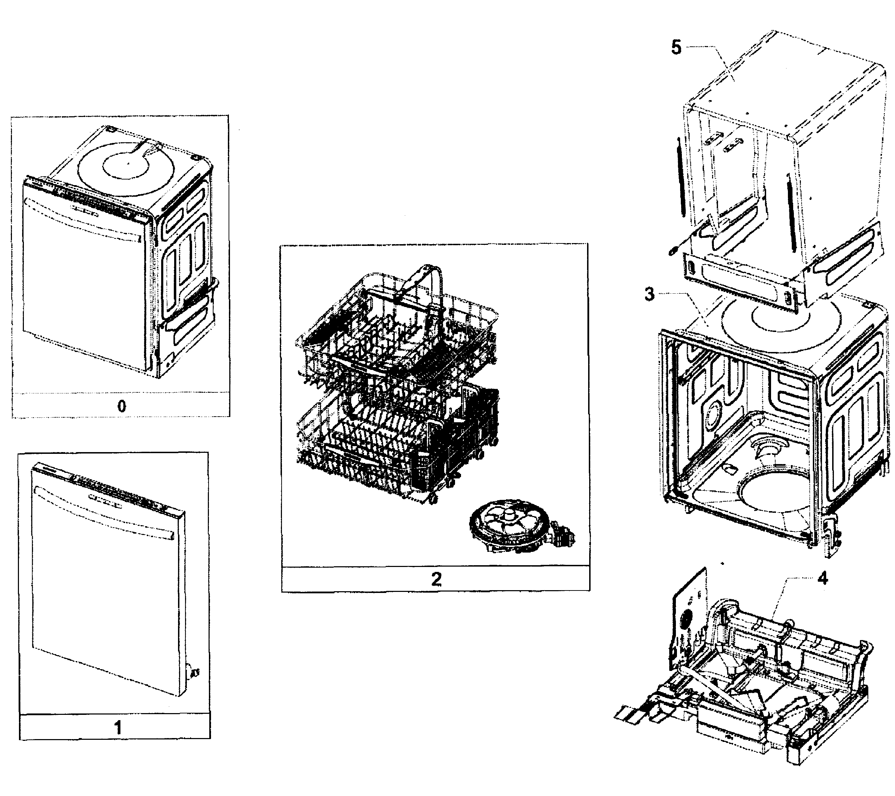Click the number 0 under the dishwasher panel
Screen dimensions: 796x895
[122, 406]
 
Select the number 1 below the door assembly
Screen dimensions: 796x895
[117, 728]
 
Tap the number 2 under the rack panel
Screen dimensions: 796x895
[436, 579]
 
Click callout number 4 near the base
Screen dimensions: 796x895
[822, 579]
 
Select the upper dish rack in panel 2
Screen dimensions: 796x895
[394, 333]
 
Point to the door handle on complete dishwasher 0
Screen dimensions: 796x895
[83, 219]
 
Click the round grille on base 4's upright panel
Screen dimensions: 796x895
[685, 619]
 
